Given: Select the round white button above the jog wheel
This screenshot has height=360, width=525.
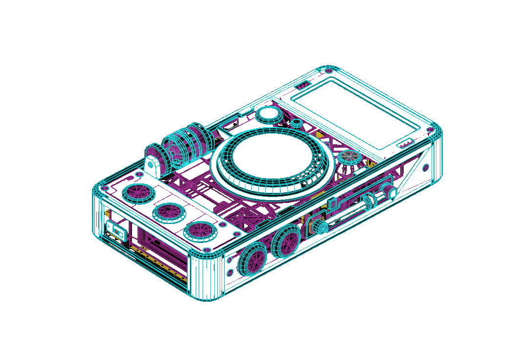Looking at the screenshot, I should [x=269, y=115].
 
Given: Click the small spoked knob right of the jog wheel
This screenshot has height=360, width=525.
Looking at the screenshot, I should [x=348, y=157].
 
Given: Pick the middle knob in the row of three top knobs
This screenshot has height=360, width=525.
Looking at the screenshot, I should [x=169, y=211].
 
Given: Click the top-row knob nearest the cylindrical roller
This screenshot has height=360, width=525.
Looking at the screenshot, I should [x=137, y=193].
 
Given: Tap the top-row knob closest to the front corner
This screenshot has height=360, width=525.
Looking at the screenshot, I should [x=201, y=231].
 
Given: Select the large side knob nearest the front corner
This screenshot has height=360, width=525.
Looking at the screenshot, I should [x=251, y=259].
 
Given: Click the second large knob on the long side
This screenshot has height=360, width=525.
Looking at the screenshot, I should [x=286, y=242].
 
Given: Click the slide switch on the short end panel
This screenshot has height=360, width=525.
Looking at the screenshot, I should [x=116, y=229].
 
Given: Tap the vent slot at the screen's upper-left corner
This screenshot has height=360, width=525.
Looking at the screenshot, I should [x=302, y=86].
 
